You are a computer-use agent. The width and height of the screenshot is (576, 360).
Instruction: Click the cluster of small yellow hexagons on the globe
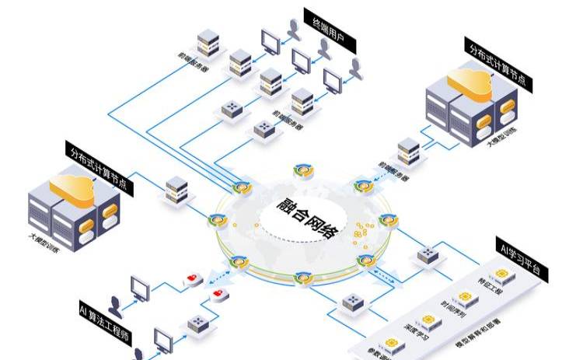[359, 230]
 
